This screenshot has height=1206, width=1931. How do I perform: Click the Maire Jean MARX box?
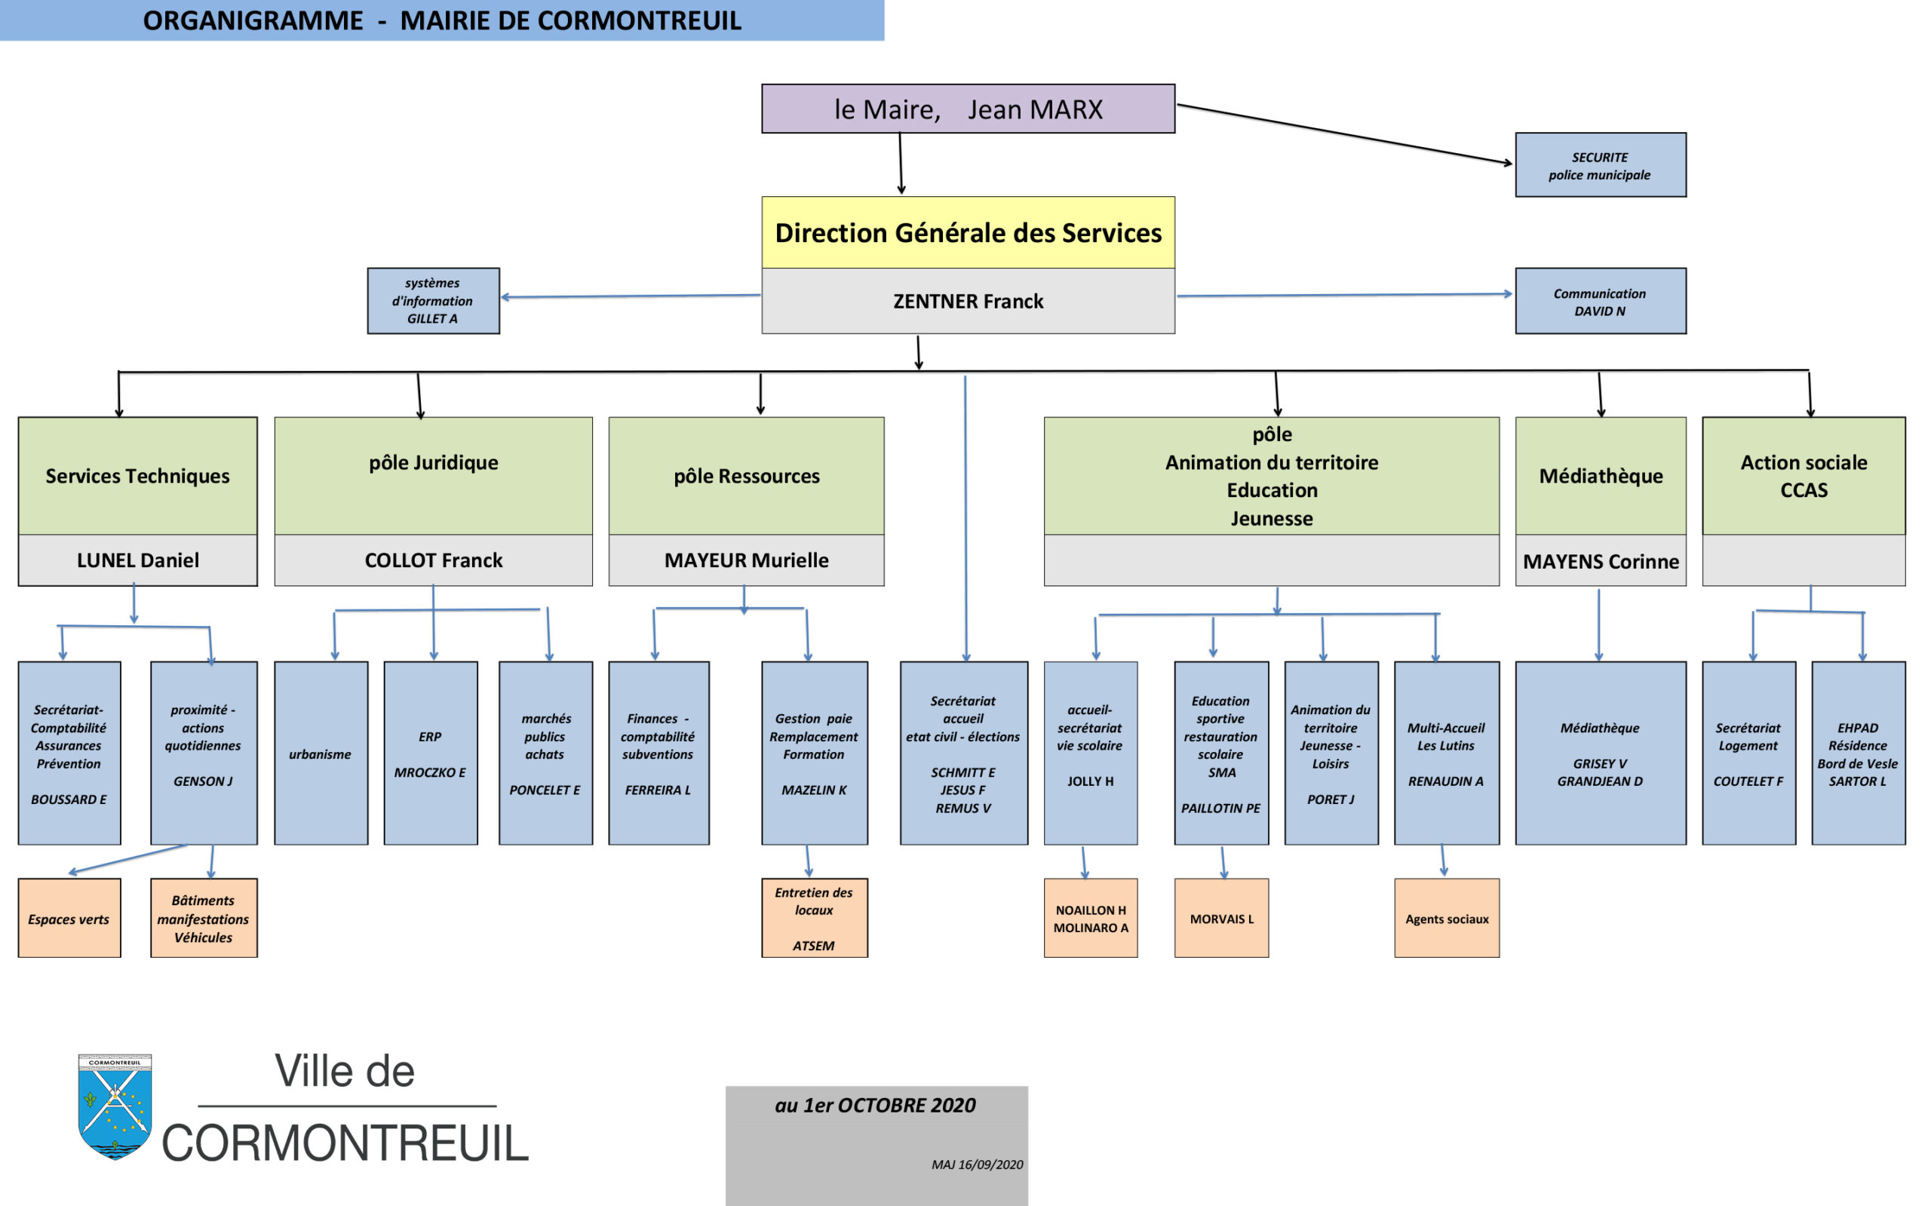point(968,109)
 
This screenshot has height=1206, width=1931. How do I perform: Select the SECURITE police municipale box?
point(1600,165)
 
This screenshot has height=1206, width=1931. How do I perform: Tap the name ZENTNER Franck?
point(968,301)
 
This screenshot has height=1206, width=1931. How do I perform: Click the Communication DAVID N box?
point(1600,302)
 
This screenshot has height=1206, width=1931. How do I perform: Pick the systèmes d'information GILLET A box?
point(433,301)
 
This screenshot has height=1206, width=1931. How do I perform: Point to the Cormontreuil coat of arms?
point(115,1106)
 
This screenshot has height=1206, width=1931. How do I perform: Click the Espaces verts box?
point(69,918)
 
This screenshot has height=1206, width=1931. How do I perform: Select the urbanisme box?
point(321,753)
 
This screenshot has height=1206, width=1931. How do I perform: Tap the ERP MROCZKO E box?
point(431,753)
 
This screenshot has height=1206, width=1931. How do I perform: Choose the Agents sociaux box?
point(1446,918)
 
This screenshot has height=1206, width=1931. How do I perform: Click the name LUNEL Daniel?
point(138,560)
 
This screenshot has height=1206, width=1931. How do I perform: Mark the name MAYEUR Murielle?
point(746,560)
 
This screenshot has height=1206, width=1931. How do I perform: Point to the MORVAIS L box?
point(1221,918)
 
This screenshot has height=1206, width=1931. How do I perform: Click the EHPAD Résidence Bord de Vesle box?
point(1858,753)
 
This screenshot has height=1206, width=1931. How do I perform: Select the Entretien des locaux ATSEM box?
point(814,918)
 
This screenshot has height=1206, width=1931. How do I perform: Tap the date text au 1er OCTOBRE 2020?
point(875,1105)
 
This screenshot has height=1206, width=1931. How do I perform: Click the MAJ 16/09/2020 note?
point(976,1164)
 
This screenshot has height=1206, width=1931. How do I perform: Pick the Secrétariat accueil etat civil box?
point(963,753)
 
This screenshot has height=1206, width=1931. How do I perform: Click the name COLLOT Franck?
point(433,560)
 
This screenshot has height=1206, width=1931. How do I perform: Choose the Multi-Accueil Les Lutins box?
point(1446,753)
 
